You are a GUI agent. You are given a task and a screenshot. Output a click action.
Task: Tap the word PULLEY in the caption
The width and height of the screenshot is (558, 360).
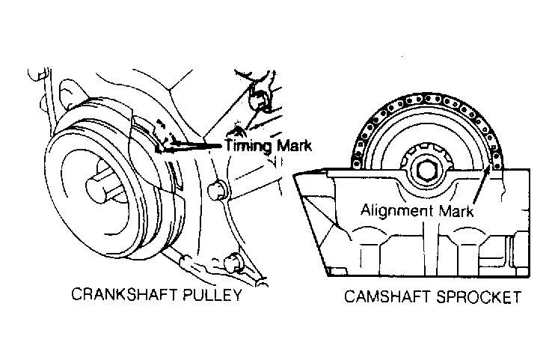point(212,295)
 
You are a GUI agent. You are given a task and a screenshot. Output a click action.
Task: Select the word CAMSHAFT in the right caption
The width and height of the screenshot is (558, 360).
point(387,296)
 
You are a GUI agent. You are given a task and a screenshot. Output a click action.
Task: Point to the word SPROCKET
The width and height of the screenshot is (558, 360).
point(479,296)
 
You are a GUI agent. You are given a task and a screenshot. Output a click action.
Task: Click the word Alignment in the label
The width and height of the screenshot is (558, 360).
point(397,210)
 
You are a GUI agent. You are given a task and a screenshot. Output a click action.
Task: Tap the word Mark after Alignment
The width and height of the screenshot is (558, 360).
point(456,211)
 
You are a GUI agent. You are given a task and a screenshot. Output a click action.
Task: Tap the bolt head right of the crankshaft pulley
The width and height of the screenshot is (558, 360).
point(216,191)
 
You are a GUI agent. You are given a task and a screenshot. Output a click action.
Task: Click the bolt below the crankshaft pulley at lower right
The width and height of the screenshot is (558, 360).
point(233,263)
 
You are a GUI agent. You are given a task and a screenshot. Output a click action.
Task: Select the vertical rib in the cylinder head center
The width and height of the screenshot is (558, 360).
point(431,249)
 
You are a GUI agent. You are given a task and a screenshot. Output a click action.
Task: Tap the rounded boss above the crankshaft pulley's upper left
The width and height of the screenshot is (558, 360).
point(73,93)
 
